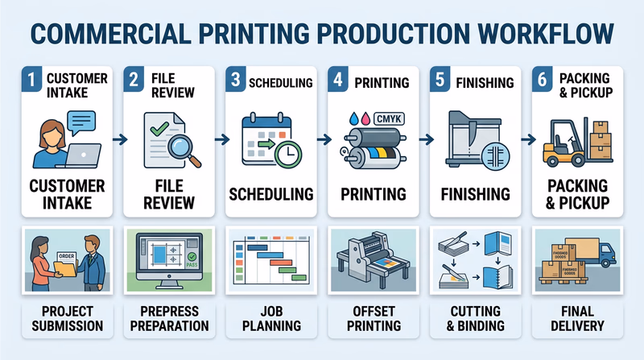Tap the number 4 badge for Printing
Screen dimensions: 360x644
[x=339, y=81]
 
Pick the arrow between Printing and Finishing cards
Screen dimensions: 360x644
[x=423, y=140]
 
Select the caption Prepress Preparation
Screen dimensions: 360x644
[x=168, y=317]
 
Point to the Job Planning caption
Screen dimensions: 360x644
[x=270, y=317]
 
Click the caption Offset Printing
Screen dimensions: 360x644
[x=373, y=317]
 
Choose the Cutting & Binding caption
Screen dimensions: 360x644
[x=475, y=317]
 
